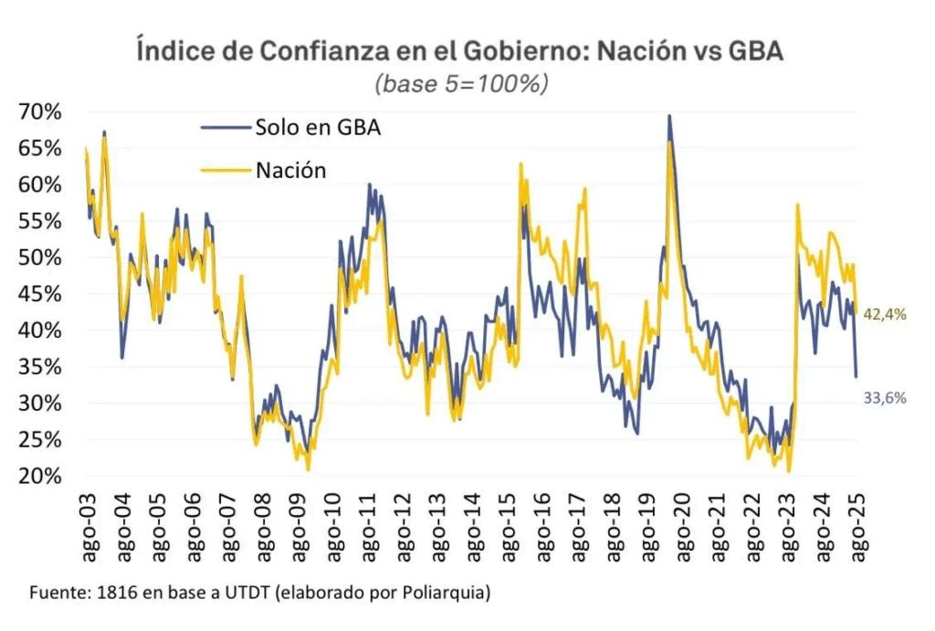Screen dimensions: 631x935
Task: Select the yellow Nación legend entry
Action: coord(290,170)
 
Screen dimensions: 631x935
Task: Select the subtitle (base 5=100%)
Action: coord(461,84)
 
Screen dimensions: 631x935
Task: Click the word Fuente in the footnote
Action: coord(57,593)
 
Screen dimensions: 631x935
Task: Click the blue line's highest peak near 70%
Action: coord(670,116)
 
